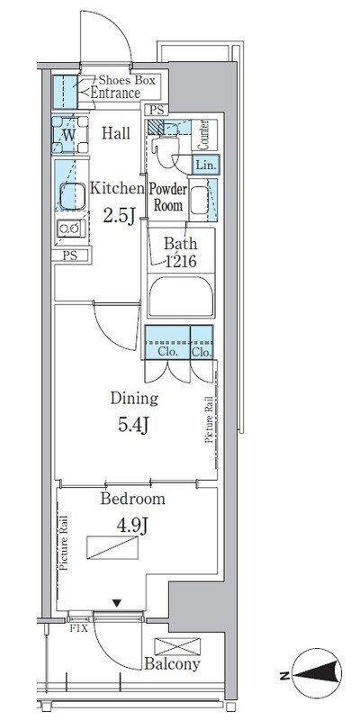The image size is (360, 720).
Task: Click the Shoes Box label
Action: point(127,80)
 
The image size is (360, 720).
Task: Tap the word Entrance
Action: point(115,94)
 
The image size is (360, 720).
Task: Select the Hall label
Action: point(116,133)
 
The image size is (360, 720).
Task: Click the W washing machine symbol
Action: point(70,134)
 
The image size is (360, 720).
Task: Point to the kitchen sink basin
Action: point(73,196)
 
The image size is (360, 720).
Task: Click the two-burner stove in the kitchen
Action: point(71,229)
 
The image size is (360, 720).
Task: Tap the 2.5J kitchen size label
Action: point(119,216)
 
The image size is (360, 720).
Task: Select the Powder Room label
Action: point(168,197)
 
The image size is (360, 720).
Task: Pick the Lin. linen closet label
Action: point(206,165)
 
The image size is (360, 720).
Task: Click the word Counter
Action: point(205,135)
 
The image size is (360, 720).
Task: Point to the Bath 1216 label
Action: point(181,252)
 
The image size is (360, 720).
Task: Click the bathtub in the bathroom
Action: point(182,296)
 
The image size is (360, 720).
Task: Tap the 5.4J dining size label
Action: point(133,425)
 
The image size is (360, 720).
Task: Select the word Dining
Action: point(134,399)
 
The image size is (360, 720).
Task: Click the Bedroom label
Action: point(132,499)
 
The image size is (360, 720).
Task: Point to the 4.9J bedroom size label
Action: point(131,526)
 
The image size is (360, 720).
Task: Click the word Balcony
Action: point(172,664)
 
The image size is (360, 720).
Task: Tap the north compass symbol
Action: point(318,673)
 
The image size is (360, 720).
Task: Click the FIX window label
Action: point(76,626)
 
